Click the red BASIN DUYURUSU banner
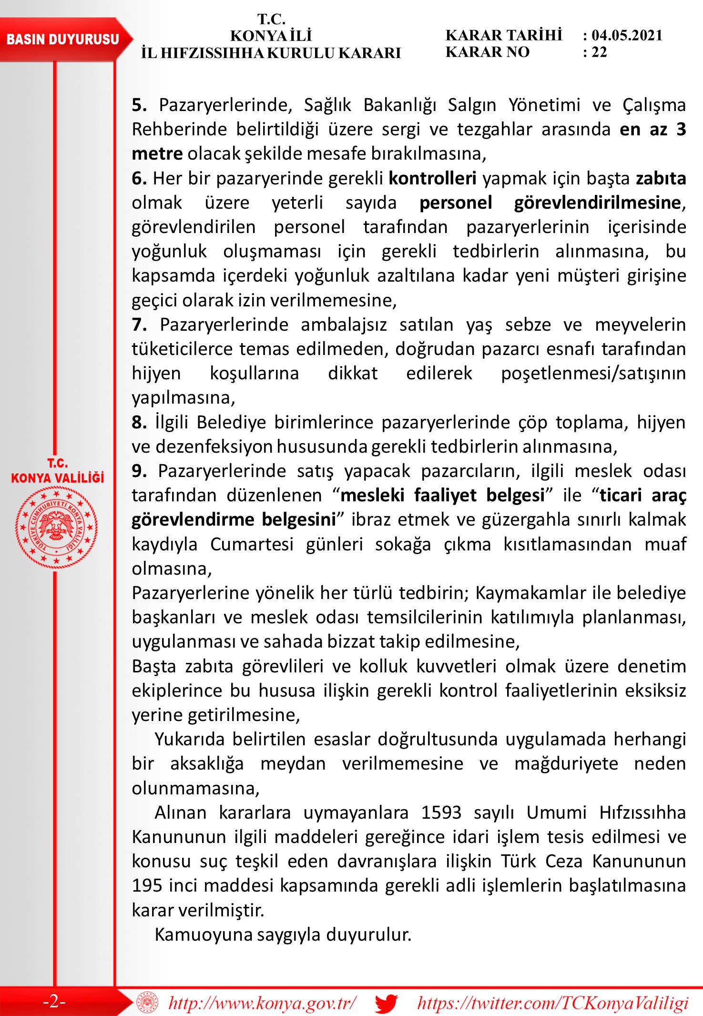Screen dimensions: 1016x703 point(63,39)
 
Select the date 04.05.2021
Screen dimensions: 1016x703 point(627,35)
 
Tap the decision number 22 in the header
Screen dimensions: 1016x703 point(600,52)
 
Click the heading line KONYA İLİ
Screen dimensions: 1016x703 point(271,36)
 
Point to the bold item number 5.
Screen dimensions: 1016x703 point(139,105)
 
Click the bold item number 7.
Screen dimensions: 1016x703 point(139,325)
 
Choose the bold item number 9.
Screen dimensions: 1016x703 point(139,471)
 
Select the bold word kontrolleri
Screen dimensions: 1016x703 point(433,178)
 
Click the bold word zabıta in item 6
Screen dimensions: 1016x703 point(661,178)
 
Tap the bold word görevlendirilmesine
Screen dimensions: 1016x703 point(597,203)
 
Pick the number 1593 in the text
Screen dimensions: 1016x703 point(441,812)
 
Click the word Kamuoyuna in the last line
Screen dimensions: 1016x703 point(203,935)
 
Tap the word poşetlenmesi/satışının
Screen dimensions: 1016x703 point(593,373)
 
